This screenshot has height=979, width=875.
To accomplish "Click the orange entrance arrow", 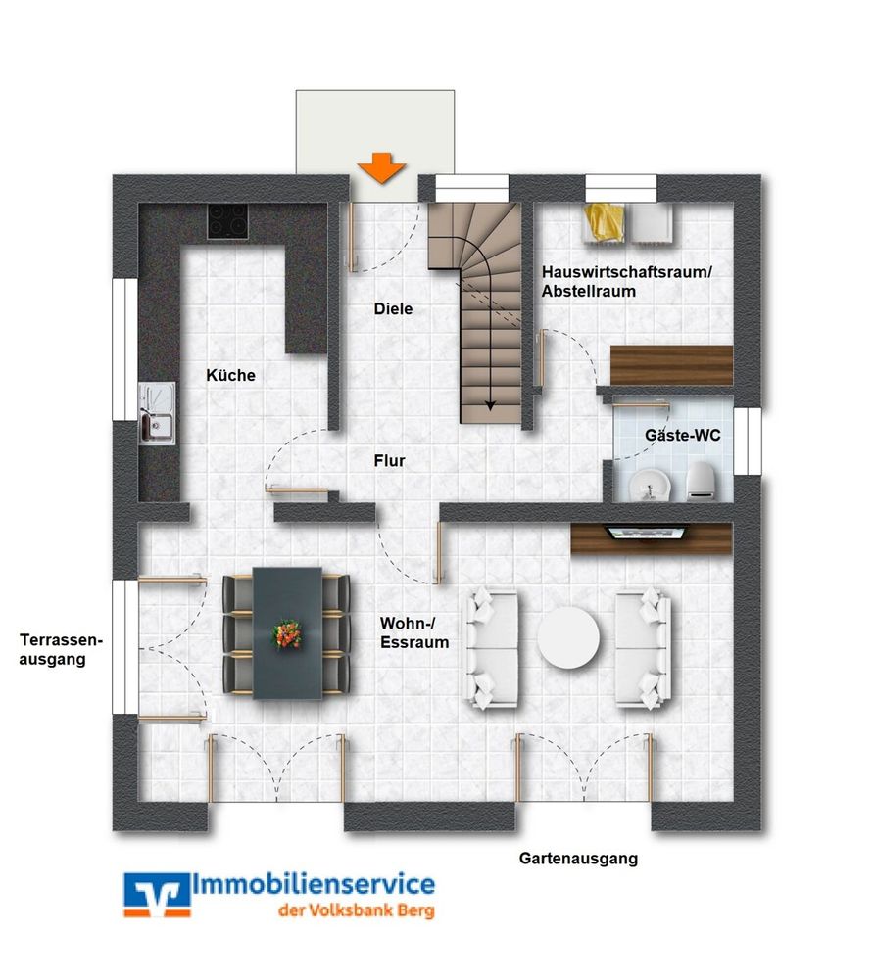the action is (382, 167).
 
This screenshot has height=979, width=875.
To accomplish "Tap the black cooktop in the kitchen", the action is (227, 221).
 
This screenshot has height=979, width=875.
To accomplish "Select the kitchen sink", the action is (157, 412).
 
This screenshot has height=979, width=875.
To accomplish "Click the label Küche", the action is (230, 375).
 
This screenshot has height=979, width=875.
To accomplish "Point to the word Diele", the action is (393, 308).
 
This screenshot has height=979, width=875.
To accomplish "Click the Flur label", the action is (389, 461).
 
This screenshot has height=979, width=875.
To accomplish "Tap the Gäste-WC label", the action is (683, 436).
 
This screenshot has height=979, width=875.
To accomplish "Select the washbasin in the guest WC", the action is (650, 485).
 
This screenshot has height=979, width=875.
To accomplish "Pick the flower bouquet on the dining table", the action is (287, 633).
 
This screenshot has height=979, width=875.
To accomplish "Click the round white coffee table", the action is (568, 638).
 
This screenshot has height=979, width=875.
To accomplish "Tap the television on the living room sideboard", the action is (647, 532).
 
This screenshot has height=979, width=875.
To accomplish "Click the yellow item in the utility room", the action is (605, 221).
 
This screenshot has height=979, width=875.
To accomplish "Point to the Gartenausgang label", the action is (578, 859).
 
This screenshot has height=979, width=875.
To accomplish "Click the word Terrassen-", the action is (61, 640).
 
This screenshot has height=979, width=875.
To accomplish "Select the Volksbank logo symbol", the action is (157, 895).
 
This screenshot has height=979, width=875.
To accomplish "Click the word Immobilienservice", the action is (314, 884).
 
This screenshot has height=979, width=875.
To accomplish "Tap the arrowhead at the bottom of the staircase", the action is (491, 406).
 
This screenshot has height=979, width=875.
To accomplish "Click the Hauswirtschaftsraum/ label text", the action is (627, 272).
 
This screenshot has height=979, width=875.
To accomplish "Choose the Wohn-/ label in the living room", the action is (408, 623).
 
